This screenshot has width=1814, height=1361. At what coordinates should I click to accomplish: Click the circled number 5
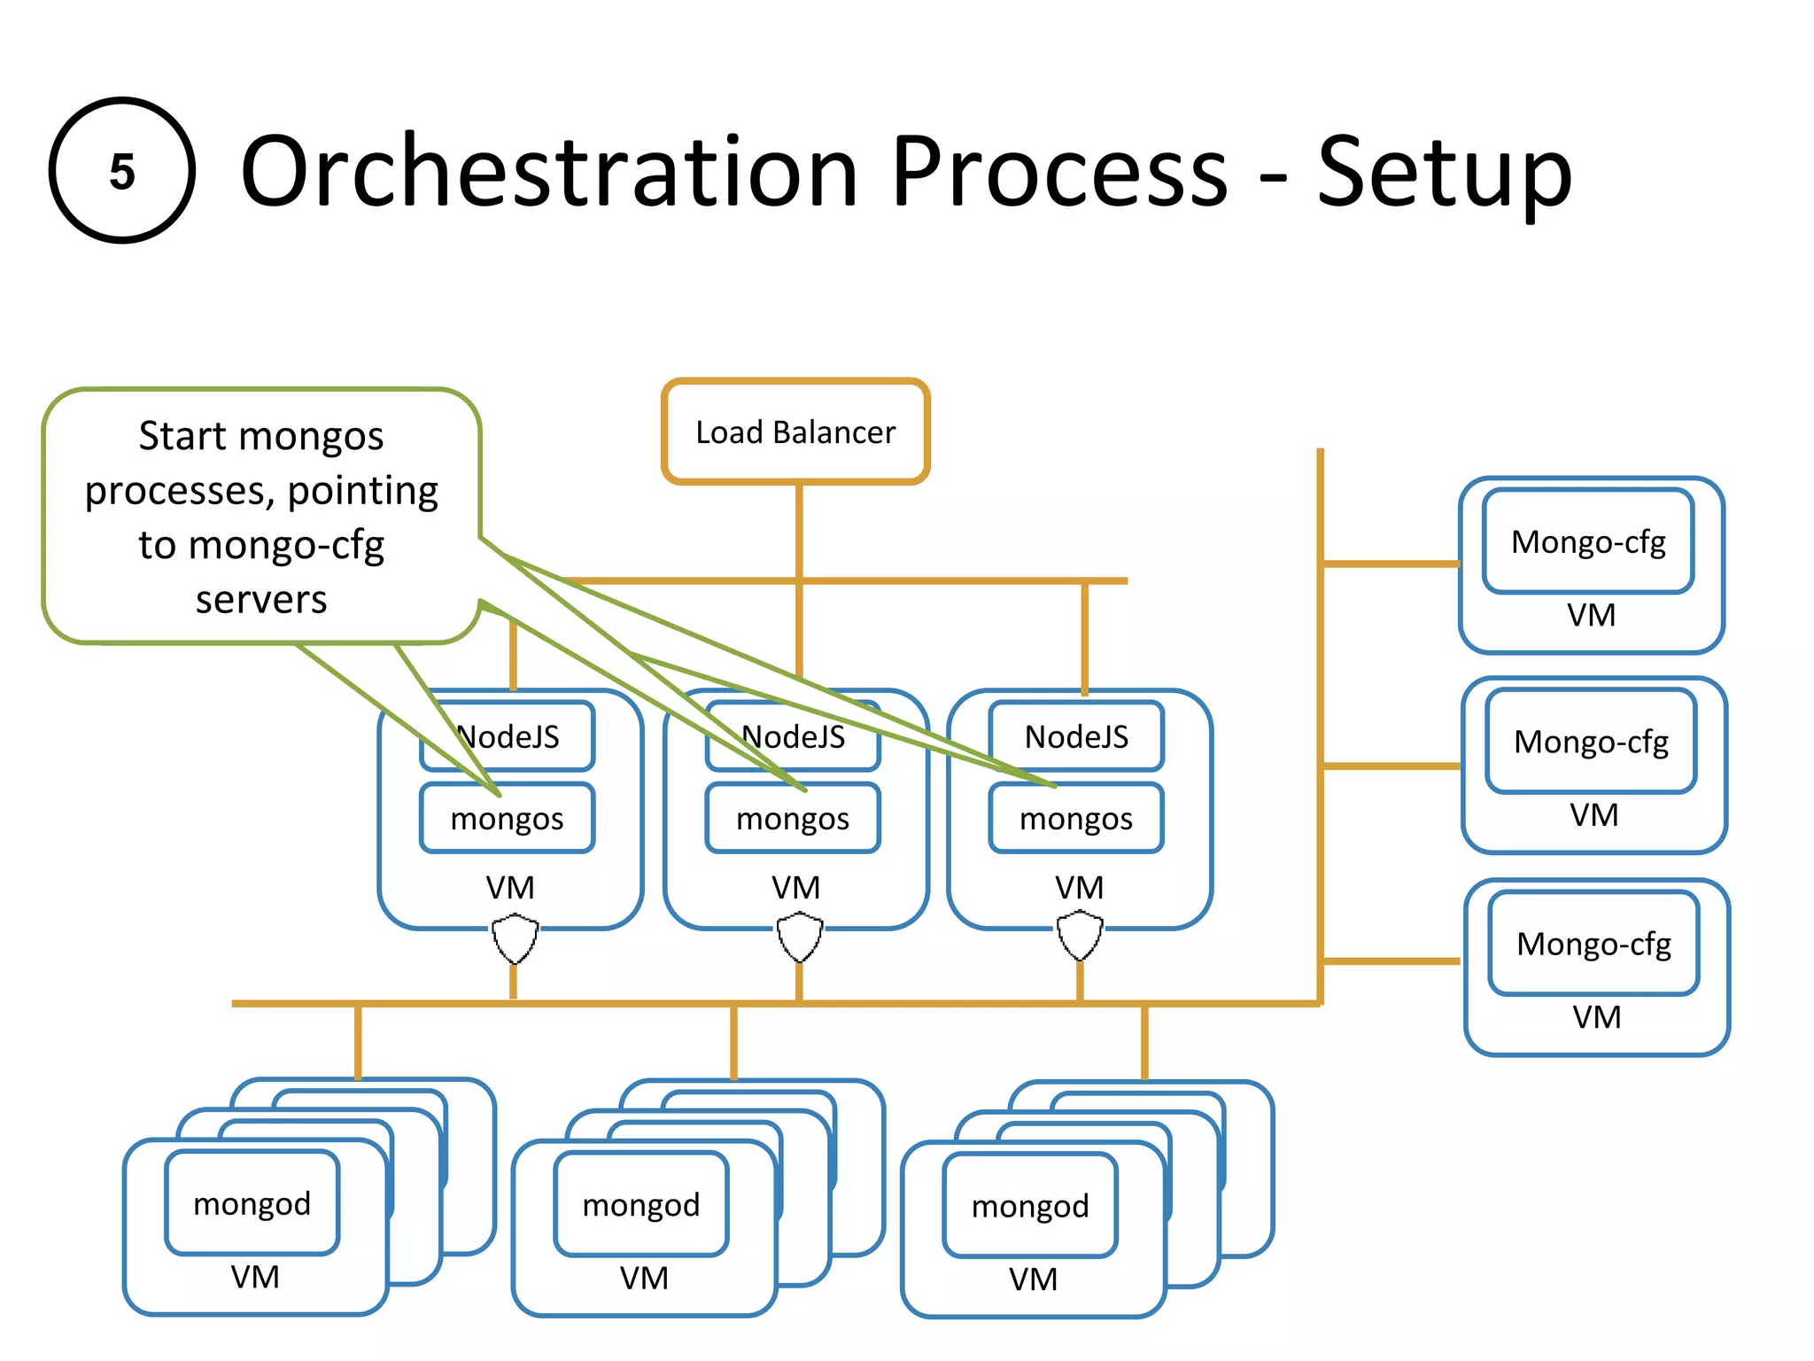pos(121,170)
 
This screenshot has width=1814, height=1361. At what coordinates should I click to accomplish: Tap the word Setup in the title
pos(1444,173)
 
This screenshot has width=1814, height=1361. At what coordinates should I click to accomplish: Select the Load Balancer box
pos(795,432)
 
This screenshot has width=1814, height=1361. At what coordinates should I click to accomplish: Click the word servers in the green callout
pos(261,600)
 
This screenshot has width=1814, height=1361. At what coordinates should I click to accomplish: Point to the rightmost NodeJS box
pos(1076,736)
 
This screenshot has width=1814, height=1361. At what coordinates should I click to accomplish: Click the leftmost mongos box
pos(507,818)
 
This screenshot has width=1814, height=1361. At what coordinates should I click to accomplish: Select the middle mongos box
pos(793,818)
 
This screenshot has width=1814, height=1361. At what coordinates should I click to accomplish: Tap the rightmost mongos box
pos(1076,818)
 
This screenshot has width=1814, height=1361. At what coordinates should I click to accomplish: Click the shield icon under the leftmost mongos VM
pos(515,939)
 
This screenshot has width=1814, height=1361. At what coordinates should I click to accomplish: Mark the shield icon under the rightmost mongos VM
pos(1080,937)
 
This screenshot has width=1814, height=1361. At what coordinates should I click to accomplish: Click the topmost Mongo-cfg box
pos(1588,541)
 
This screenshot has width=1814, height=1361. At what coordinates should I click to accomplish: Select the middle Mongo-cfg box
pos(1591,742)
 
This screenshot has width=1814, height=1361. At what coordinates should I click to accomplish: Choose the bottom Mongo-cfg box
pos(1593,944)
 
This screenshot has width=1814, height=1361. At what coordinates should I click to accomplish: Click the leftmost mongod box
pos(252,1203)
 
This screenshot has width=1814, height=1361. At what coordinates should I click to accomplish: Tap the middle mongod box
pos(641,1205)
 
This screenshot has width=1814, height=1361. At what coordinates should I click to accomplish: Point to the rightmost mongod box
pos(1030,1206)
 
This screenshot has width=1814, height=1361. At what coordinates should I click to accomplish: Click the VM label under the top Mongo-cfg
pos(1591,615)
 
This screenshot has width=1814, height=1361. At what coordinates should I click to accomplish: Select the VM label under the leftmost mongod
pos(255,1277)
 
